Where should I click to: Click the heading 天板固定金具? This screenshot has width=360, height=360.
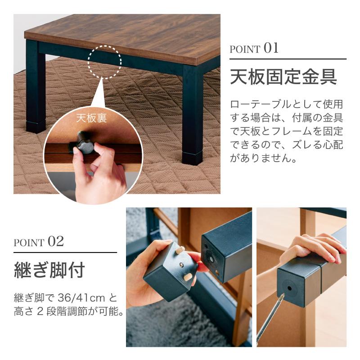[283, 76]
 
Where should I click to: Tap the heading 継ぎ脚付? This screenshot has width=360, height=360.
[49, 270]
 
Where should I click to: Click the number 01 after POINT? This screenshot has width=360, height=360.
[271, 48]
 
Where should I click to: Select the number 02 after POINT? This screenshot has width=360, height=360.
[56, 241]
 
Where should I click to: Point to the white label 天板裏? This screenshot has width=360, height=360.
[92, 118]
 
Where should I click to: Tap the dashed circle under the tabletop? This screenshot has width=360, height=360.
[105, 62]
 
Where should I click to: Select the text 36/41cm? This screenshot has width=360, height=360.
[81, 298]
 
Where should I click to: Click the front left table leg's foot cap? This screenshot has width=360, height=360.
[36, 126]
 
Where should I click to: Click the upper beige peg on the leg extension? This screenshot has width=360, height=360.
[180, 250]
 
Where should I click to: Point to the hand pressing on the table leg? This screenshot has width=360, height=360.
[314, 248]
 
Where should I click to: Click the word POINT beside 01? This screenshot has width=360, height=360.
[245, 49]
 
